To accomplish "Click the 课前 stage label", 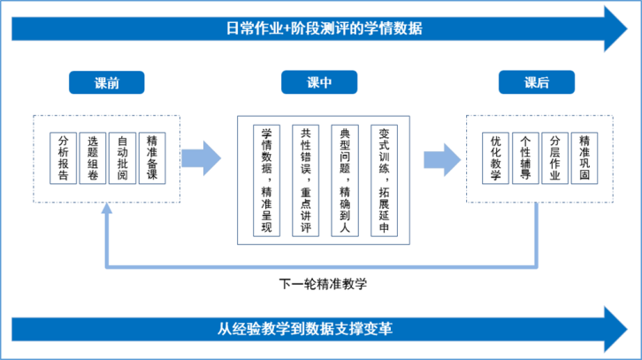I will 107,83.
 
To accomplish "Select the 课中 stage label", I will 318,83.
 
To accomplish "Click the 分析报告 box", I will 63,158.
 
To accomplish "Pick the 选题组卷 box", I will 93,158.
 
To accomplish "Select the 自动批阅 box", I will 122,158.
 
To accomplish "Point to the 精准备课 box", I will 152,158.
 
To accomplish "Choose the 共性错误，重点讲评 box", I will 305,180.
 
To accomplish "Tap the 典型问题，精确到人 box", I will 345,180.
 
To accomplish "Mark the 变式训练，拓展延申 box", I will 383,180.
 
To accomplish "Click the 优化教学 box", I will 495,158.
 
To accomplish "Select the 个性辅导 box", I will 525,158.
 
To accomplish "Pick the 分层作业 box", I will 554,158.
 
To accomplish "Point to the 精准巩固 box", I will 585,158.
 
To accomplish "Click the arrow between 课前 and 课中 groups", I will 205,158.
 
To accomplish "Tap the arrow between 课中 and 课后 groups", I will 439,158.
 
